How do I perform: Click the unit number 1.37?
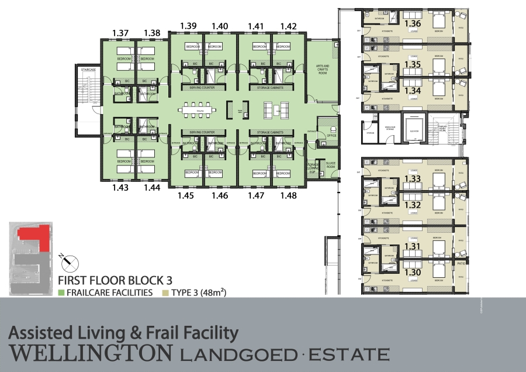120,33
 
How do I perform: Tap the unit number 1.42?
289,26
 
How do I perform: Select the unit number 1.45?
186,196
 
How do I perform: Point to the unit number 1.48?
289,196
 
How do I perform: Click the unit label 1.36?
413,23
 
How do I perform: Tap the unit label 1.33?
413,178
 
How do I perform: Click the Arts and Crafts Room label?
323,70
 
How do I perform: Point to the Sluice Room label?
331,166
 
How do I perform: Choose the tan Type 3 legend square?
166,292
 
